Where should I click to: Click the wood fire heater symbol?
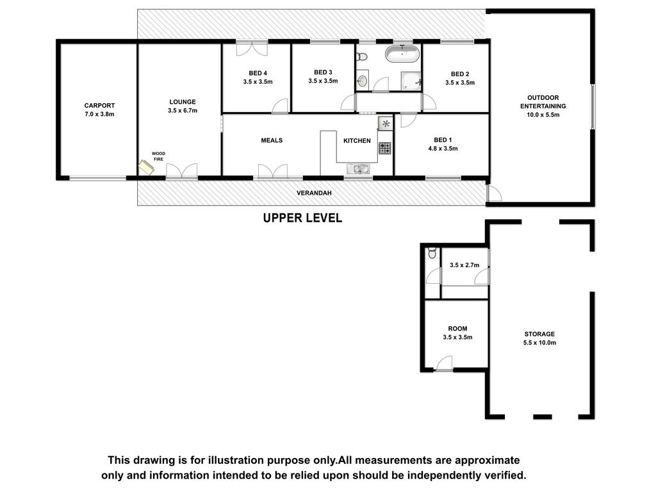147,167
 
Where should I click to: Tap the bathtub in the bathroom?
402,54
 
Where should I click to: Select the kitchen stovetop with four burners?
385,148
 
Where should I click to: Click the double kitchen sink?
358,169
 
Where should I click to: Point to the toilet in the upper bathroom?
363,56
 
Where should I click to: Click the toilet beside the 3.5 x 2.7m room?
432,252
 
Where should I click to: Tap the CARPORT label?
99,106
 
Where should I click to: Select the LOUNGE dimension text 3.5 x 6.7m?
183,111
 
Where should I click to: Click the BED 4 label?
258,73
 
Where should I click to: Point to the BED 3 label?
323,72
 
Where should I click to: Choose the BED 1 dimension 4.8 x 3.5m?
443,149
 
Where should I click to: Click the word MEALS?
272,140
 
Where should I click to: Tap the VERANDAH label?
314,193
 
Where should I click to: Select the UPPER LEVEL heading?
302,218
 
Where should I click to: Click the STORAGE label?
539,334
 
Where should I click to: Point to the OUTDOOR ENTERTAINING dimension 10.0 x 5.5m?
543,115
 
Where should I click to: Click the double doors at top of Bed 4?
252,48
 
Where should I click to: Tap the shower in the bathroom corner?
412,81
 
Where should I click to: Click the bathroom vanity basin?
363,80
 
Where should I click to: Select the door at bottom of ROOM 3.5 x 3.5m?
445,363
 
